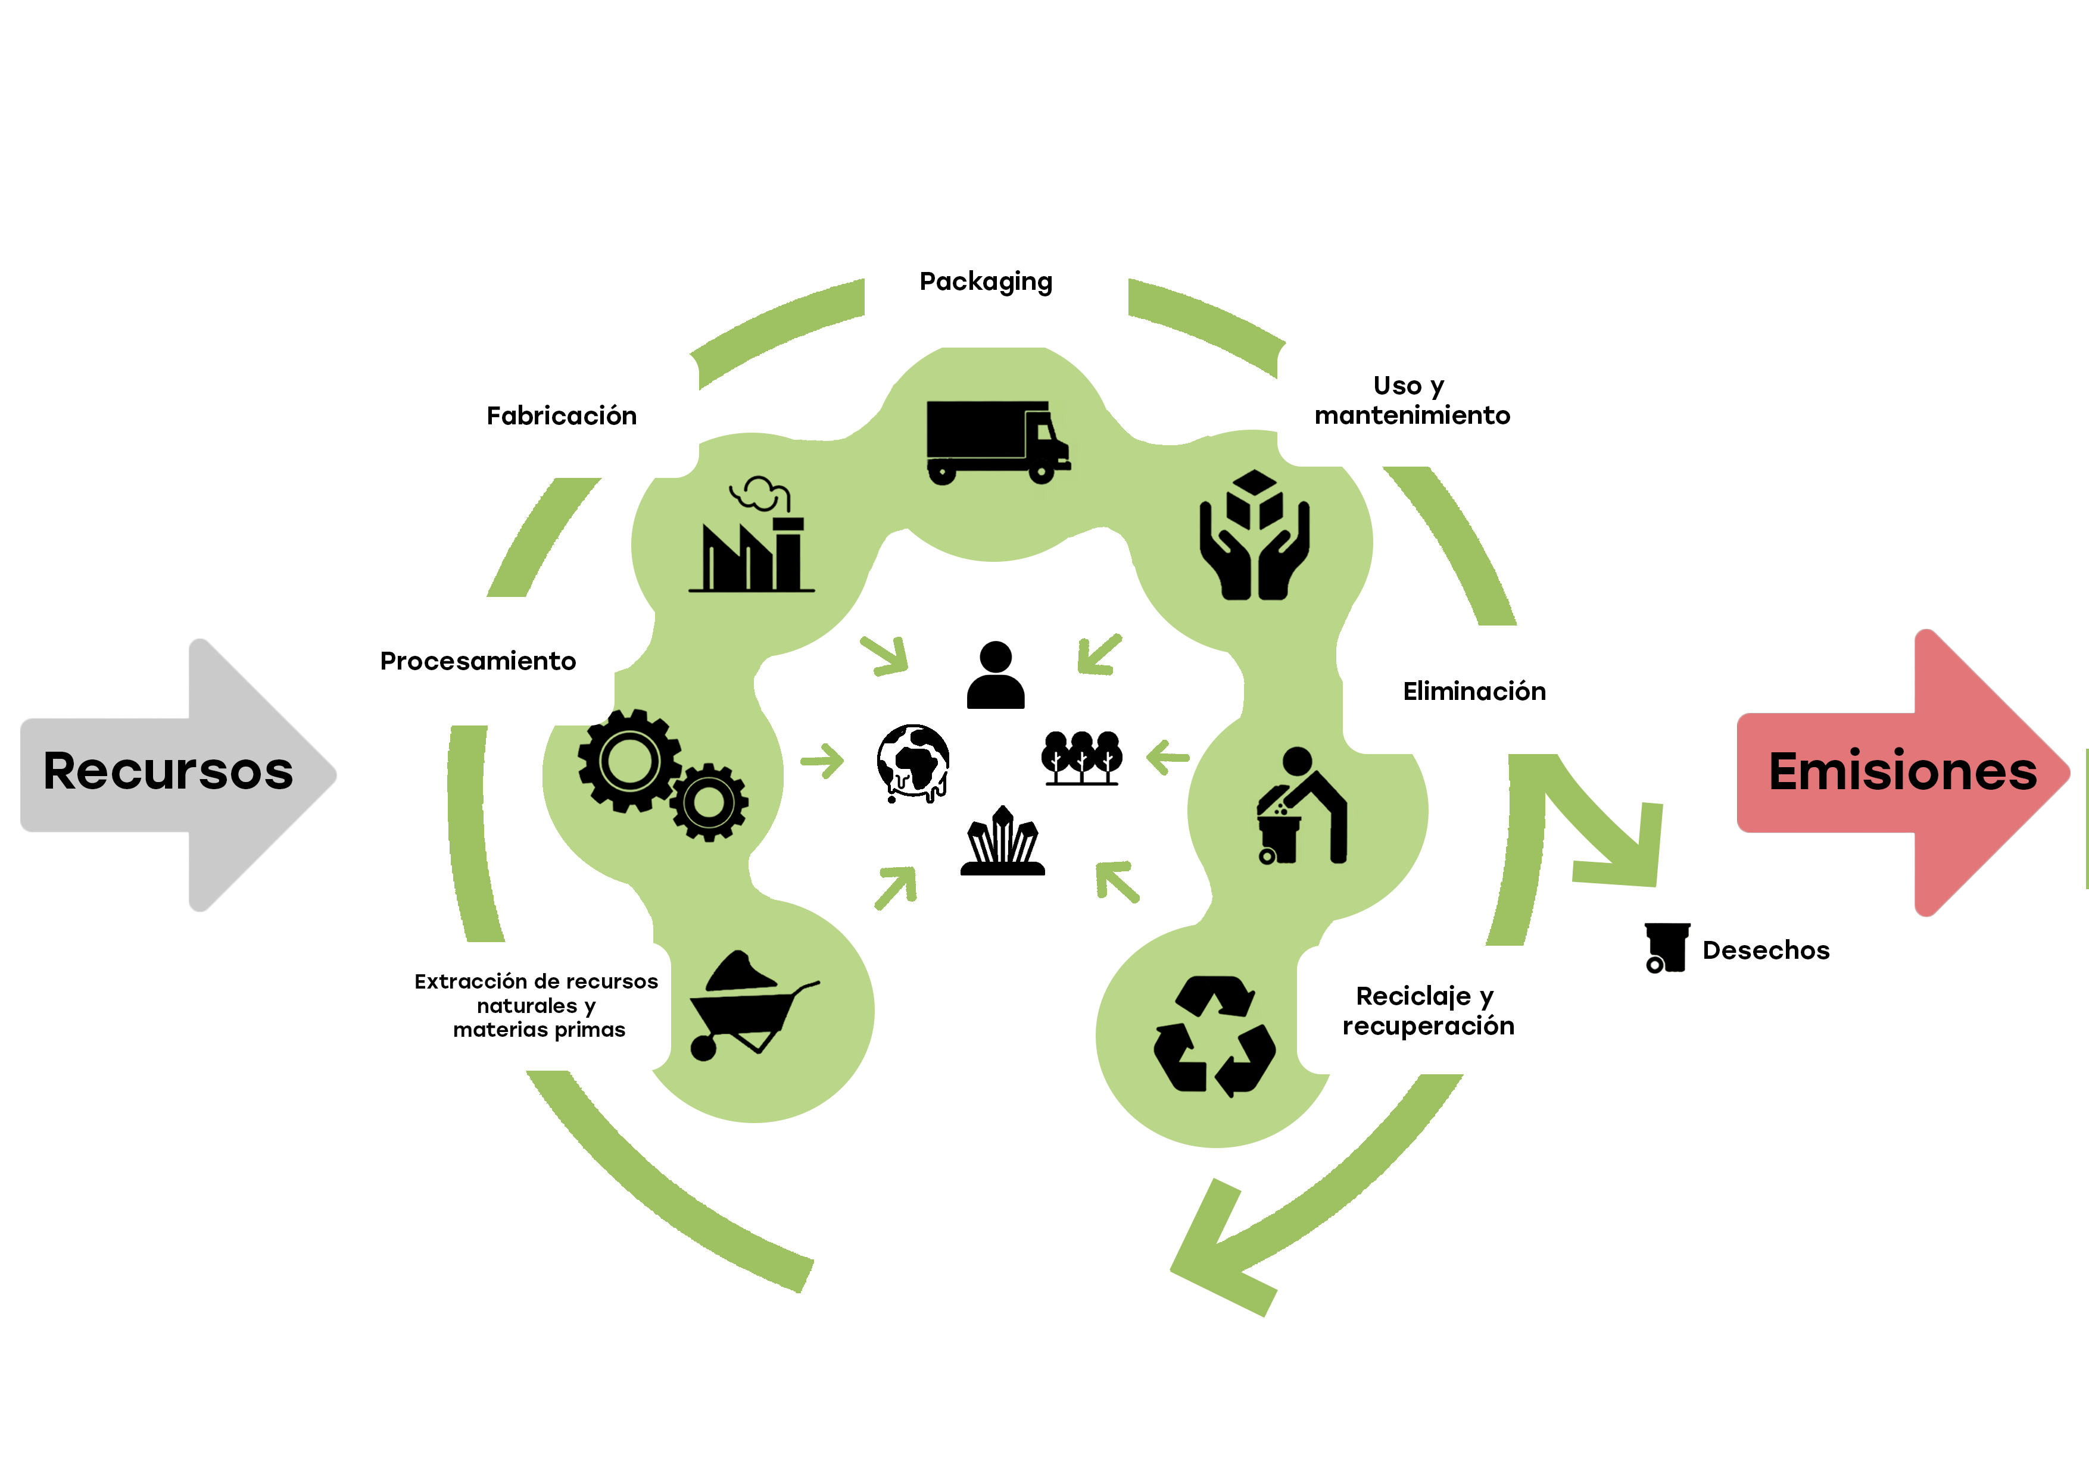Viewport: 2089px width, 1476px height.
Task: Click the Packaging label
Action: click(986, 282)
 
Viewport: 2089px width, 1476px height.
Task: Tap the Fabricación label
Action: click(562, 417)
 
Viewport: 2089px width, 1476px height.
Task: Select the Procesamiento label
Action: click(478, 661)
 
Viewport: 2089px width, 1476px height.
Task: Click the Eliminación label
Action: click(1473, 691)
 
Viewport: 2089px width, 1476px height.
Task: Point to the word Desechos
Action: click(1765, 950)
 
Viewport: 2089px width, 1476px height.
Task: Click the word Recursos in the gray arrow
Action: click(169, 771)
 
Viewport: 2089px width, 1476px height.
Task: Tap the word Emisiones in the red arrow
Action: click(1901, 771)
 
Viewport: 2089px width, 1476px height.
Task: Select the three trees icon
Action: click(1081, 756)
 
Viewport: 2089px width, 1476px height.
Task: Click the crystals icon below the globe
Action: click(1003, 841)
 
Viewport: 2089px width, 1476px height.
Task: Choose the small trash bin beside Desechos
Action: click(1665, 947)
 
